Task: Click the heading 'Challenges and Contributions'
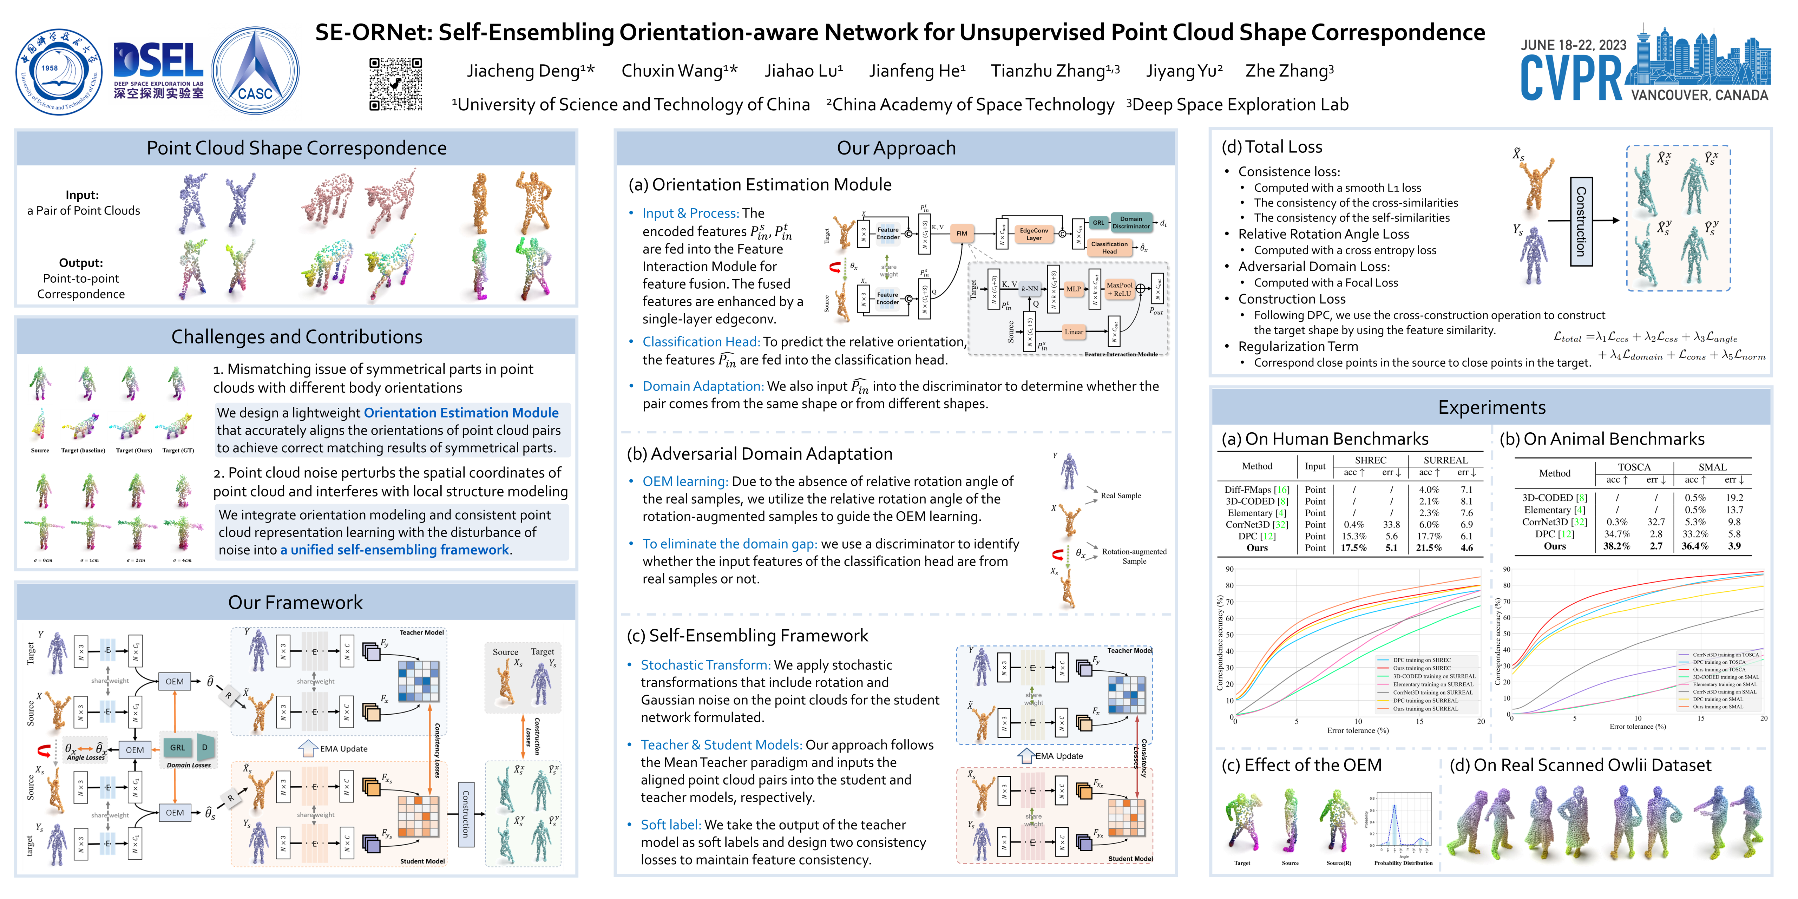tap(297, 337)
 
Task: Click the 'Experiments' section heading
tap(1491, 408)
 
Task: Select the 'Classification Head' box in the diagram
tap(1109, 247)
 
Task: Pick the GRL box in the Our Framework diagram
tap(177, 748)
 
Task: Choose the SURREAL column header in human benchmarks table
tap(1445, 460)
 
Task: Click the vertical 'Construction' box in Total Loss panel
tap(1581, 221)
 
